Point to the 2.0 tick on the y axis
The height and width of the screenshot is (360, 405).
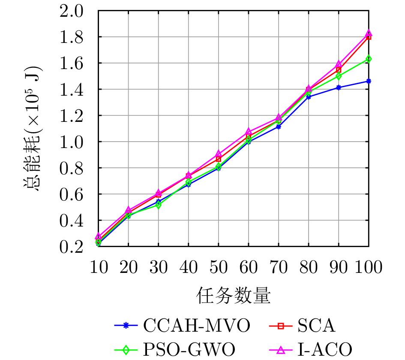[x=72, y=11]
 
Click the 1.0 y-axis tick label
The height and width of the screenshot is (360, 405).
[x=72, y=142]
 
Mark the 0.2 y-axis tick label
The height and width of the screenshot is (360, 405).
[x=72, y=247]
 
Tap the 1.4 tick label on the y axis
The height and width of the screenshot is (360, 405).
[x=72, y=90]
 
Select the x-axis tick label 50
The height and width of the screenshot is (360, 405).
[x=219, y=268]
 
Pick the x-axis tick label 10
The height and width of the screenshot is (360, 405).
[x=99, y=268]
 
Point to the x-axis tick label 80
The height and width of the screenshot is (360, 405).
[x=309, y=268]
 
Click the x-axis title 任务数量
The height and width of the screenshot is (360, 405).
[x=234, y=296]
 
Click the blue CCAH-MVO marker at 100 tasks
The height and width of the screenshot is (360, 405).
[x=369, y=81]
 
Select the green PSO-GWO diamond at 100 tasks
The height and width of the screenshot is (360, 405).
[x=369, y=59]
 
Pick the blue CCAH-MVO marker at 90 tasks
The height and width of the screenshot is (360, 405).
[x=339, y=88]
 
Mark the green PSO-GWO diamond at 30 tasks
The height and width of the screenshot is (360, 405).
[x=159, y=205]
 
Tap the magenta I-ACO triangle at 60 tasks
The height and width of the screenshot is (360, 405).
[x=249, y=132]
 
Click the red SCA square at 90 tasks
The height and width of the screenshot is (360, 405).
[x=339, y=70]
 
